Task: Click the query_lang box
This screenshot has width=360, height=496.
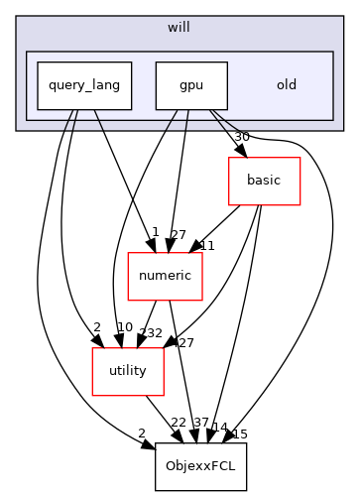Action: [84, 85]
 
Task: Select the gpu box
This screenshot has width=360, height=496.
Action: [191, 85]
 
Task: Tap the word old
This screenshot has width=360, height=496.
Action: [286, 85]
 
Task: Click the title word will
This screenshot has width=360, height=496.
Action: [180, 28]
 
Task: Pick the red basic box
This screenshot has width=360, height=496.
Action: [264, 181]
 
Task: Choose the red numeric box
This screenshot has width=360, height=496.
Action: [166, 276]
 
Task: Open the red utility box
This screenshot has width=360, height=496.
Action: [120, 371]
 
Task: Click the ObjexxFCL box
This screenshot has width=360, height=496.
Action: [200, 466]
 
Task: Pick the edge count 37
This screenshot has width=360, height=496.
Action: [200, 424]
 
